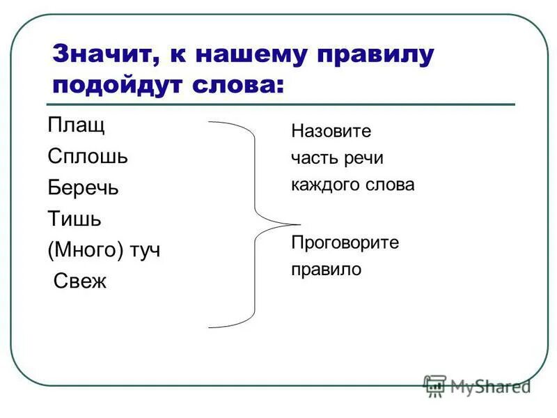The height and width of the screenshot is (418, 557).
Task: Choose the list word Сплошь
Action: [x=88, y=157]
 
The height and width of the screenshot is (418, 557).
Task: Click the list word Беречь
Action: [x=84, y=188]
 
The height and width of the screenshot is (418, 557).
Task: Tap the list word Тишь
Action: [x=74, y=219]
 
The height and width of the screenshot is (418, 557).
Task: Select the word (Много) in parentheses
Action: [x=86, y=250]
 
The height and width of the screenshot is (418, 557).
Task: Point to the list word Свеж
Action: [x=80, y=281]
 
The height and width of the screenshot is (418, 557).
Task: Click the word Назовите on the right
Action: [x=331, y=131]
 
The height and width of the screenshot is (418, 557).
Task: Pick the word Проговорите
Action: [x=345, y=242]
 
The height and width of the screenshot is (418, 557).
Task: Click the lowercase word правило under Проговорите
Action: [x=327, y=270]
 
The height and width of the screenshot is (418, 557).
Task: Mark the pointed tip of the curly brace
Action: [x=298, y=224]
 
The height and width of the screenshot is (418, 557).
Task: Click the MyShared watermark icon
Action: [x=435, y=386]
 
